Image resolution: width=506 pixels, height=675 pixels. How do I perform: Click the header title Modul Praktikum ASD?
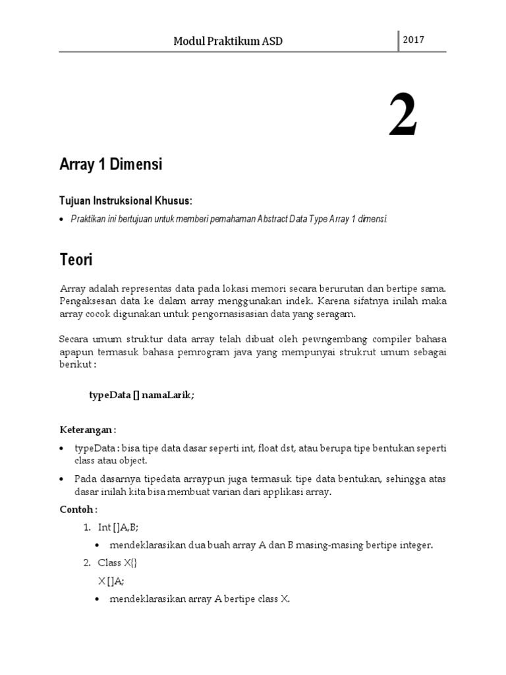[228, 42]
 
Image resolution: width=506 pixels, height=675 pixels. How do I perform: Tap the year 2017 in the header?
[413, 40]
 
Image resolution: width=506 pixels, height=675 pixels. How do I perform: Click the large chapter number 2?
[403, 115]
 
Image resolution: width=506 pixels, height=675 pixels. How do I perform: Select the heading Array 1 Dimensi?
[111, 165]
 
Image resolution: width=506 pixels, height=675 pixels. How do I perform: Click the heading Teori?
[76, 260]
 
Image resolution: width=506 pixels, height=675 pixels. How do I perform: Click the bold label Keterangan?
[87, 430]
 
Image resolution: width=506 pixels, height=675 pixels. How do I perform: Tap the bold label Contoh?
[78, 509]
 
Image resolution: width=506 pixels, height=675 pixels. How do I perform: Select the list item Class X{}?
[117, 563]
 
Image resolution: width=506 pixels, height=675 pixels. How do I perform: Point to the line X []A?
[111, 581]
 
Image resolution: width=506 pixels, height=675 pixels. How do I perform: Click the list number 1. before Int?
[87, 527]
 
